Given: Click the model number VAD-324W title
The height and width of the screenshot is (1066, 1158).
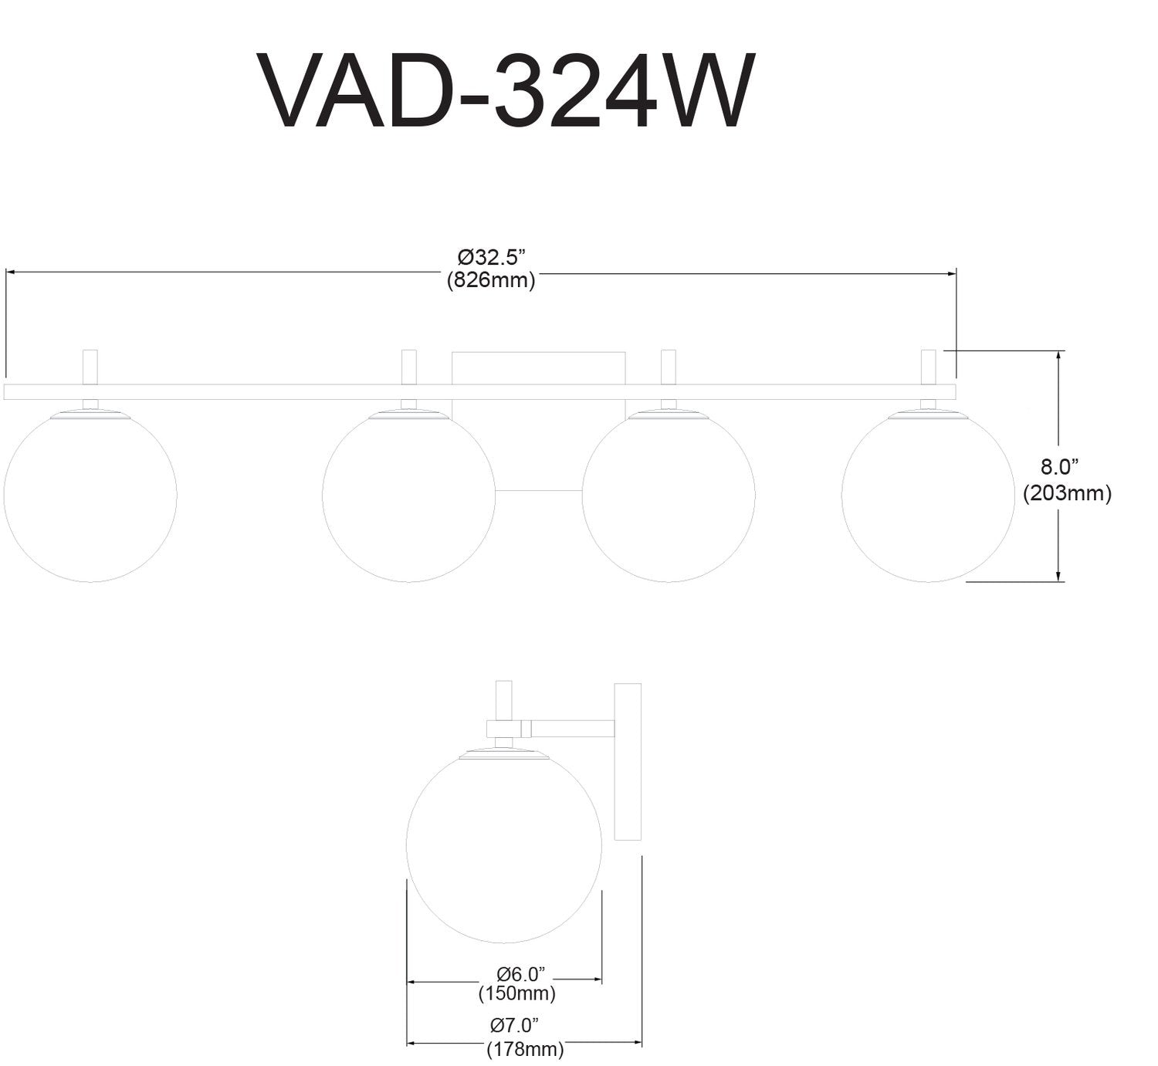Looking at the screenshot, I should [506, 91].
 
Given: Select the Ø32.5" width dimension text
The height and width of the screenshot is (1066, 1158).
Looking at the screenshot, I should [491, 256].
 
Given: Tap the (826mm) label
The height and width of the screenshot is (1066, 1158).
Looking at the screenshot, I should [491, 280].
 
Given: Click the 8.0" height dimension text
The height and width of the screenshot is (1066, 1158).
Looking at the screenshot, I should [1059, 466].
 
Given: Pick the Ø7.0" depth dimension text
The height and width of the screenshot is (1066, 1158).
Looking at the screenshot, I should [514, 1025].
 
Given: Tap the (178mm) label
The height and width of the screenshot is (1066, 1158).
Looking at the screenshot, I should [525, 1049].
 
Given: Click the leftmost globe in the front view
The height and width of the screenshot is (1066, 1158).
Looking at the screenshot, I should [90, 496].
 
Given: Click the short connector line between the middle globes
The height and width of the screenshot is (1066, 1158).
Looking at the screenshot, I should [538, 491].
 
